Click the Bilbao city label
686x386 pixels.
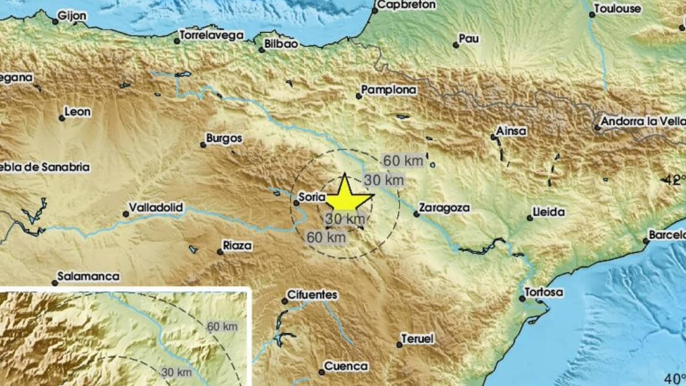coord(282,44)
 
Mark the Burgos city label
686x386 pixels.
coord(224,138)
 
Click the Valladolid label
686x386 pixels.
coord(155,208)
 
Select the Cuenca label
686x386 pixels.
coord(346,366)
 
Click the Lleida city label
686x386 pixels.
coord(548,212)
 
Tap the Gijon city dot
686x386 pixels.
coord(55,22)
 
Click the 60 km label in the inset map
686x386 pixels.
coord(221,327)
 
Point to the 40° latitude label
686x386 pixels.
coord(675,378)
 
